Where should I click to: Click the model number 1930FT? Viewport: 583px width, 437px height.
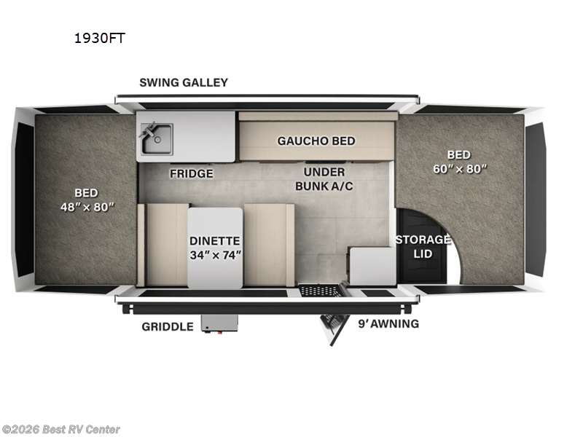click(99, 38)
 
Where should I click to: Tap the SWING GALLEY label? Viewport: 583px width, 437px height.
click(184, 82)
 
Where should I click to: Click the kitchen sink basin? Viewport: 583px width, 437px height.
click(157, 138)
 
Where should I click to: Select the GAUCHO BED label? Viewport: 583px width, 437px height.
click(316, 141)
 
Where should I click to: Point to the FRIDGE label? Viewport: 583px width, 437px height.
click(192, 173)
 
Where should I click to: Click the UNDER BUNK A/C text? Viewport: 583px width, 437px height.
click(324, 179)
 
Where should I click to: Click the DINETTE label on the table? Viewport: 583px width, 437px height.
click(214, 240)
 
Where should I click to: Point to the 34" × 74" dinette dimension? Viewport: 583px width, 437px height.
click(214, 256)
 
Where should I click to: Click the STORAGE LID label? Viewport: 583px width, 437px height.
click(423, 246)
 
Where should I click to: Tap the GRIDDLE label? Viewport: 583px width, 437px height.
click(168, 326)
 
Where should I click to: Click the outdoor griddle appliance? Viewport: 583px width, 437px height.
click(219, 324)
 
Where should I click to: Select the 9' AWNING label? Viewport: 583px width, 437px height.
click(388, 323)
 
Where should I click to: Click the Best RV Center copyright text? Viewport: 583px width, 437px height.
click(61, 430)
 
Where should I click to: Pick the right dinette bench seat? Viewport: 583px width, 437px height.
click(268, 245)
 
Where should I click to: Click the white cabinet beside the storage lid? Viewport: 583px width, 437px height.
click(371, 267)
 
